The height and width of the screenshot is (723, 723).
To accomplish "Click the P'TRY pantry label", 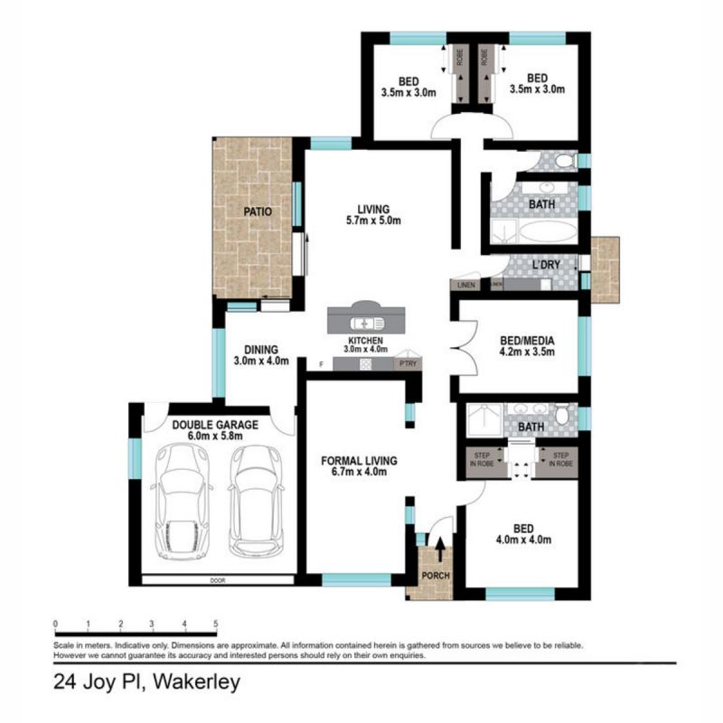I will coord(408,363).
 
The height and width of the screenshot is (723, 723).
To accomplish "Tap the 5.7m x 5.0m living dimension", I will coord(373,220).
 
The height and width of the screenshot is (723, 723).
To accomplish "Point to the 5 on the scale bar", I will coord(215,624).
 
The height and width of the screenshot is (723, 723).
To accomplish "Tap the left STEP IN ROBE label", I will coord(482,458).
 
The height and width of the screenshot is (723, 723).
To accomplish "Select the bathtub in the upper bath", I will coord(540,232).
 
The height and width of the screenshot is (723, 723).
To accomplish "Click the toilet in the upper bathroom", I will coord(565,162).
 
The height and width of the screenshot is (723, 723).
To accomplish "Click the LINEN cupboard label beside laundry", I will coord(465,285).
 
